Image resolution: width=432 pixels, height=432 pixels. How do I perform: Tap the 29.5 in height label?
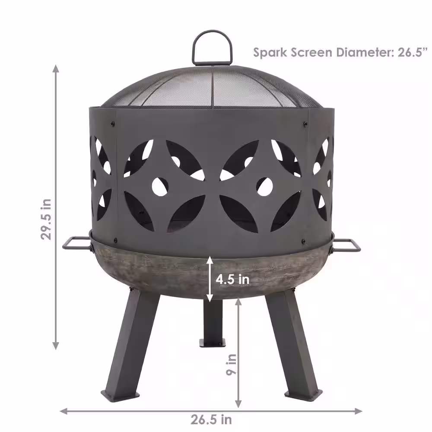[x=46, y=219]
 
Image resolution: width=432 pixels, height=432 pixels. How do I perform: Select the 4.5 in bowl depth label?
[x=232, y=280]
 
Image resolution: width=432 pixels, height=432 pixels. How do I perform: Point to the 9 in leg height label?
[x=232, y=365]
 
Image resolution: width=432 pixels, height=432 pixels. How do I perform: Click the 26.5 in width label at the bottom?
[x=211, y=419]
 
